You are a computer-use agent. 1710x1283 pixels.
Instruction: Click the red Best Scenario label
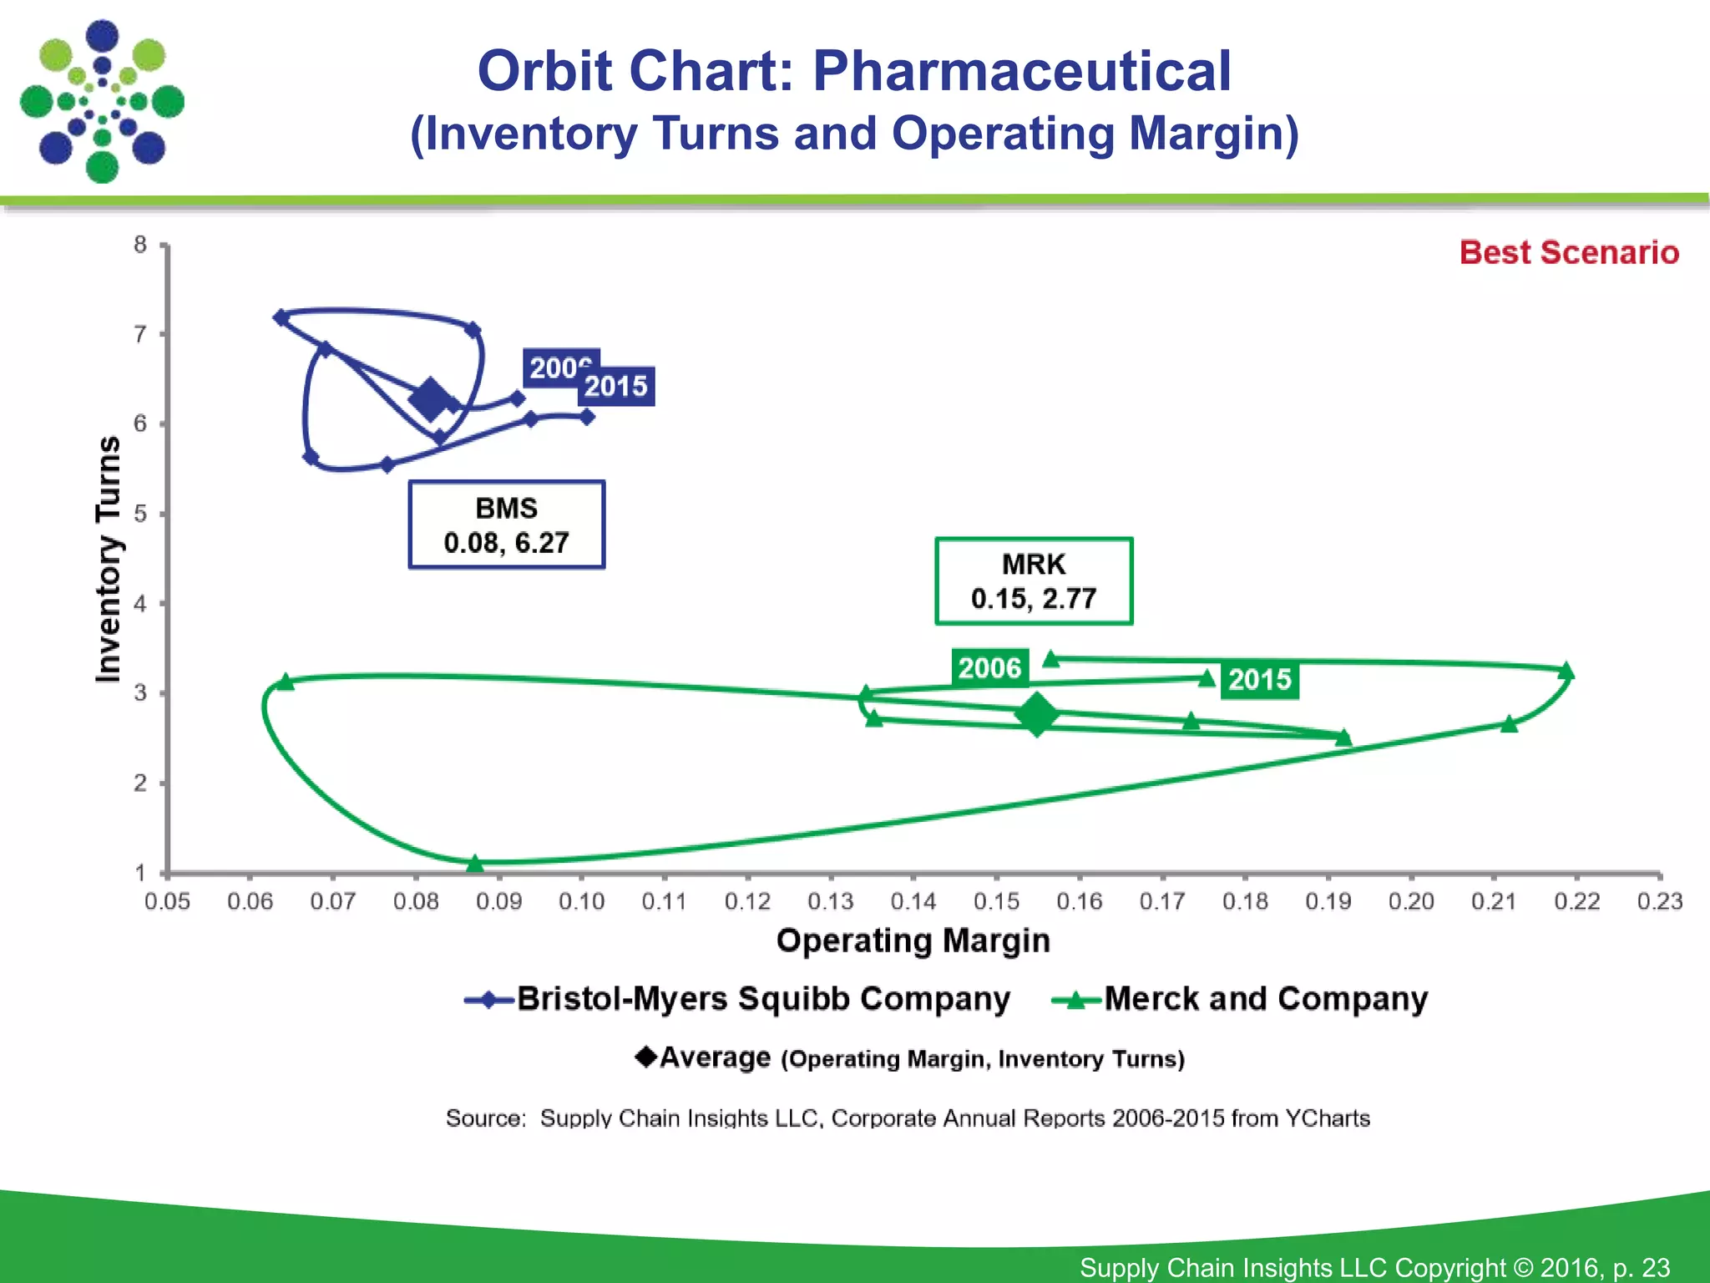(x=1568, y=252)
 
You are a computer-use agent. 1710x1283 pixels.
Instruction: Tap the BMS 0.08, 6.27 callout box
(x=506, y=525)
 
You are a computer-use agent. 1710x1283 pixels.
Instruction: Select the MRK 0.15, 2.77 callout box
(x=1034, y=581)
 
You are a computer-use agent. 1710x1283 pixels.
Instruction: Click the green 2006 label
(x=989, y=668)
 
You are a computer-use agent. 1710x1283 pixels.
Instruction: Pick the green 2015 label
(x=1259, y=680)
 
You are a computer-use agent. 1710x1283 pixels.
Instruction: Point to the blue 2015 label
(x=616, y=387)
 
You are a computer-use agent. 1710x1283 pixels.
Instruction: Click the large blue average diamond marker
(x=431, y=398)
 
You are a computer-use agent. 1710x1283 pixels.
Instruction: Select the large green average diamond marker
(x=1037, y=714)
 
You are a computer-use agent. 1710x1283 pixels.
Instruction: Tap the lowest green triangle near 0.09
(x=475, y=863)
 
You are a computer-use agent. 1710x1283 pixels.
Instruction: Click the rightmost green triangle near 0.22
(x=1566, y=671)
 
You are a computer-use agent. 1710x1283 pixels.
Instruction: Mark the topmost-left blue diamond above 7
(x=281, y=317)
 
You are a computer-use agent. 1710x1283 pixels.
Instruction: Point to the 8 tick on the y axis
(x=140, y=245)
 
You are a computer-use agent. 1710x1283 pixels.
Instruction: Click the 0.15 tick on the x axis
(x=996, y=901)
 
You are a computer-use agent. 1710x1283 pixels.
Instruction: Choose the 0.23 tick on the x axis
(x=1659, y=901)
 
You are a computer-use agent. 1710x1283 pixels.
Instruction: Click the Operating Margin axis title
(x=913, y=941)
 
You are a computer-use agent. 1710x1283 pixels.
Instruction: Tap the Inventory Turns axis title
(x=109, y=559)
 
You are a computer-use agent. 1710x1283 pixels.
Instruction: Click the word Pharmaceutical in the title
(x=1021, y=71)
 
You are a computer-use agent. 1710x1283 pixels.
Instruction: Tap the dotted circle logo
(x=102, y=101)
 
